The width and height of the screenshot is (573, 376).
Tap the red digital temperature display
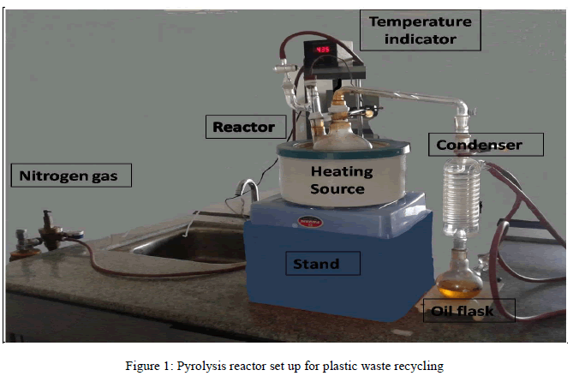coord(325,50)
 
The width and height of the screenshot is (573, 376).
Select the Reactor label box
coord(243,127)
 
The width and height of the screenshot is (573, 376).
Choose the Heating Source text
coord(341,180)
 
